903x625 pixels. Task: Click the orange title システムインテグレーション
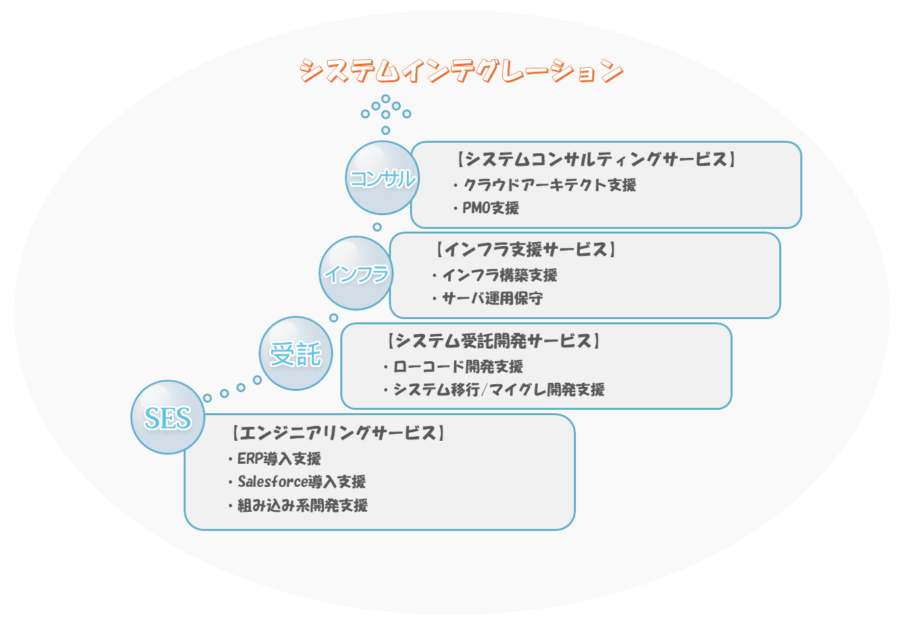coord(461,71)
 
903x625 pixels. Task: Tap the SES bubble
coord(168,418)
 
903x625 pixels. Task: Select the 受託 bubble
coord(296,353)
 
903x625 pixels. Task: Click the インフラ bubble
coord(356,273)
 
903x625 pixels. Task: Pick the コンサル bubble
coord(382,178)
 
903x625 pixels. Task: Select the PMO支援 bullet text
coord(490,208)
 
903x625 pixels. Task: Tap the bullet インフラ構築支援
coord(500,275)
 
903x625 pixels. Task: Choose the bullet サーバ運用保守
coord(492,298)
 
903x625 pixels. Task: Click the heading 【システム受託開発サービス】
coord(494,341)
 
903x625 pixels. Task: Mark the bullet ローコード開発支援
coord(458,366)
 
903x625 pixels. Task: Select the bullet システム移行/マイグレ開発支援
coord(499,389)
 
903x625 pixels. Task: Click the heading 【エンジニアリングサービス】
coord(338,433)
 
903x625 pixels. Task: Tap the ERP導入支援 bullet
coord(279,459)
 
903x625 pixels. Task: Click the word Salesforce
coord(272,482)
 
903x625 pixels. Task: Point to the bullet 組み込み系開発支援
coord(302,505)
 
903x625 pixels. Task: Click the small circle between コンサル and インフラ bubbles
coord(377,227)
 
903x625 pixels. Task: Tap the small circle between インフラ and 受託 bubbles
coord(334,318)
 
